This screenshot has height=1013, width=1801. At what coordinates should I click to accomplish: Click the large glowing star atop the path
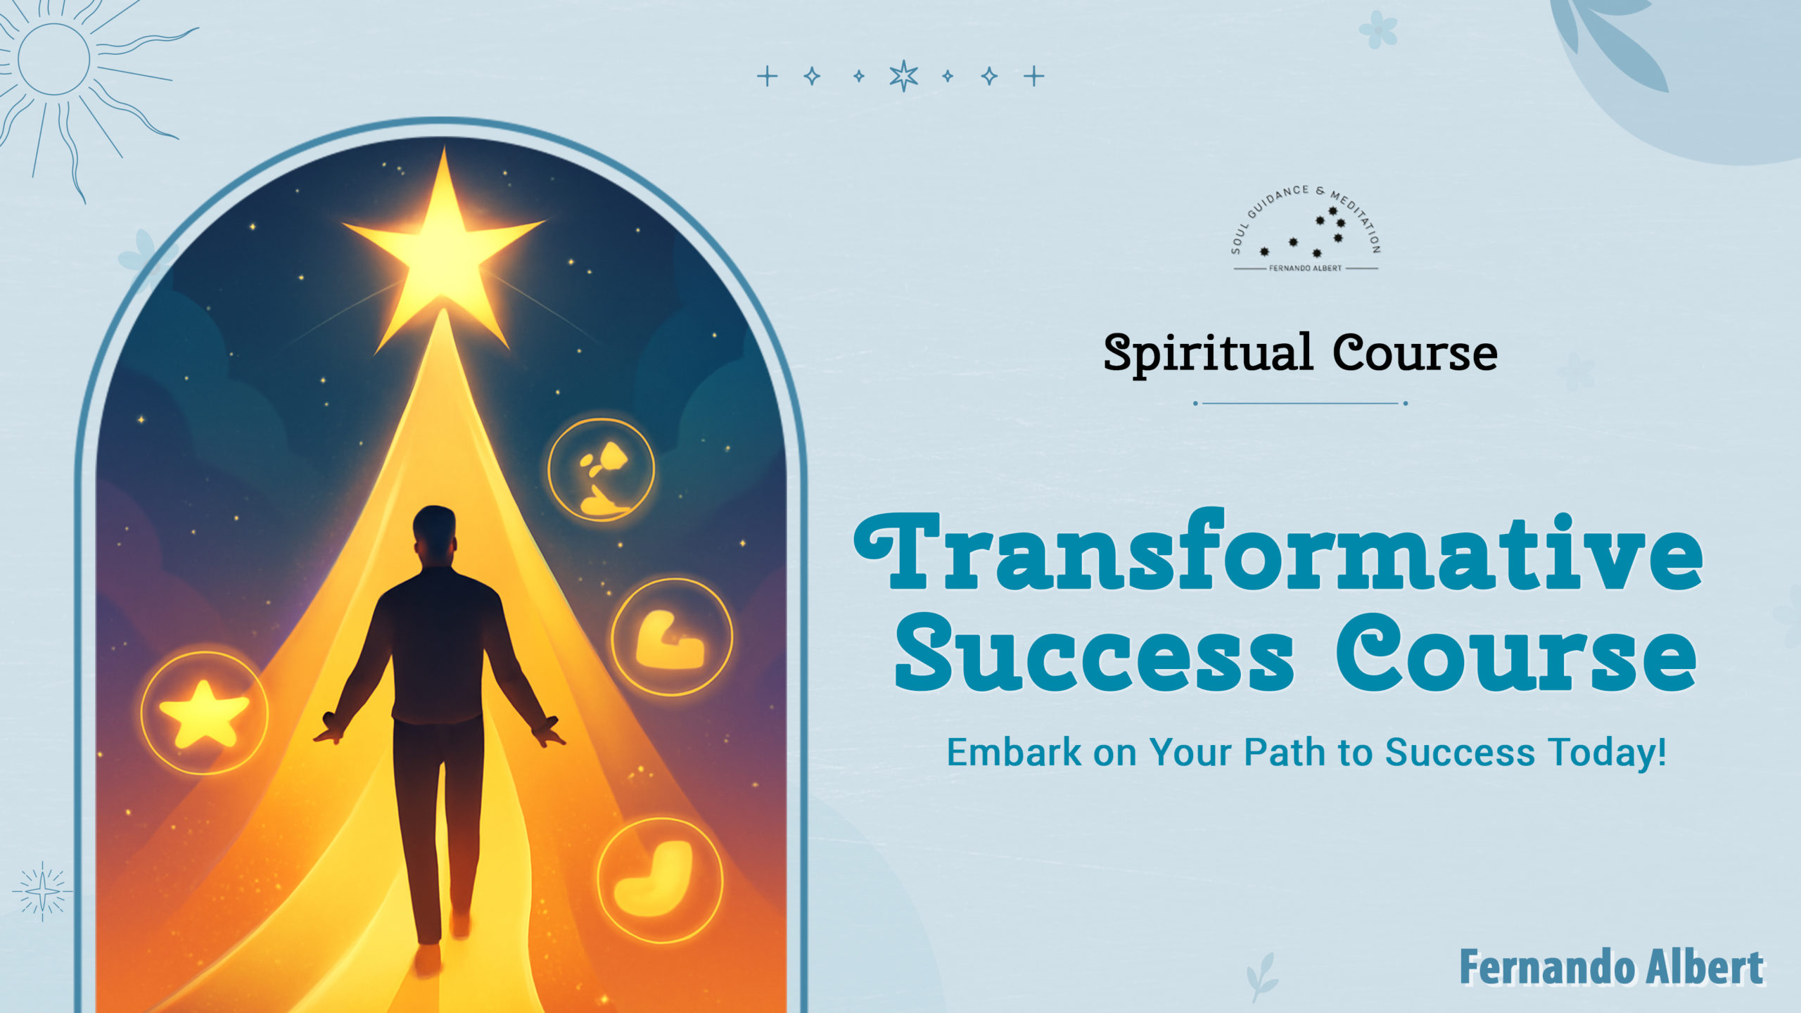pos(443,253)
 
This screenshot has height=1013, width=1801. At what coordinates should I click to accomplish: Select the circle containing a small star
pos(204,713)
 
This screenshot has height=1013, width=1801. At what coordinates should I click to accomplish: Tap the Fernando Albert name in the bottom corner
pos(1612,968)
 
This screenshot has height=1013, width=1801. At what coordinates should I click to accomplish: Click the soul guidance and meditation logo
pos(1306,229)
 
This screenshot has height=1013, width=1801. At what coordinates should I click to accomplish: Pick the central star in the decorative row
pos(903,76)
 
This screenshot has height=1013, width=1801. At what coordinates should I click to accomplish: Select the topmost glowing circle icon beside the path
pos(601,469)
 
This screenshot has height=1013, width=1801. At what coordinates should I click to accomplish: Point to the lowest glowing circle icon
pos(660,880)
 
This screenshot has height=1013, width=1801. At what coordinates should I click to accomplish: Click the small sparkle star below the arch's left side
pos(42,892)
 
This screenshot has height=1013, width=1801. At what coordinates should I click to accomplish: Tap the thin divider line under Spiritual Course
pos(1300,403)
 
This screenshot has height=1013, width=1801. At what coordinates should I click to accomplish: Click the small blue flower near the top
pos(1378,30)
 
